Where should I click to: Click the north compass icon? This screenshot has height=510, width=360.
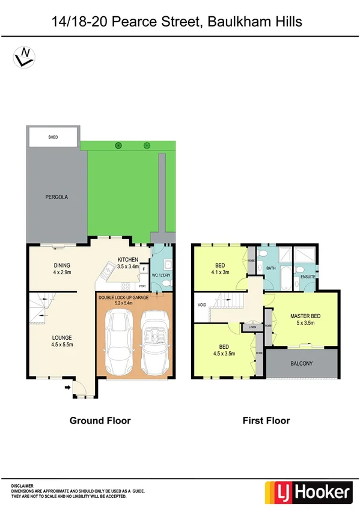click(23, 57)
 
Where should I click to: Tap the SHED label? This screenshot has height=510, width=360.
click(52, 138)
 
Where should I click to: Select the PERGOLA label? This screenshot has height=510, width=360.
click(52, 197)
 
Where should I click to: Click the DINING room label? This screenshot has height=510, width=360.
click(62, 266)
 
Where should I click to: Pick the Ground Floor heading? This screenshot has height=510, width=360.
click(100, 420)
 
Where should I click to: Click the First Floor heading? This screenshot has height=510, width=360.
click(266, 420)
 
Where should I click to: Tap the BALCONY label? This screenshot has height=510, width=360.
click(302, 364)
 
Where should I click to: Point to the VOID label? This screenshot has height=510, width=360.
click(201, 305)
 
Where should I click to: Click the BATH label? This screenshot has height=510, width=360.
click(271, 268)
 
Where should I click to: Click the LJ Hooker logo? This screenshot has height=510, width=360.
click(307, 493)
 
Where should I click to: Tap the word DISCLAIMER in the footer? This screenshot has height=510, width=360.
click(23, 485)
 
